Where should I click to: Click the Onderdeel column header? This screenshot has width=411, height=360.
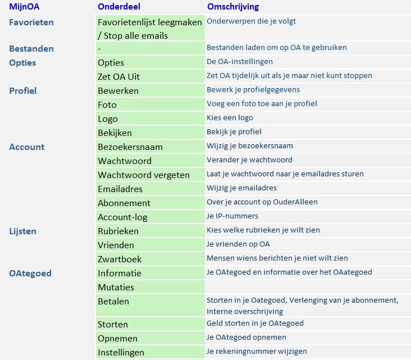(118, 7)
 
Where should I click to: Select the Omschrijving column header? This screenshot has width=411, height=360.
(233, 7)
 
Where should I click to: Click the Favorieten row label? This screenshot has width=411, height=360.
(31, 22)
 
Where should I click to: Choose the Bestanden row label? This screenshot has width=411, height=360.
(31, 48)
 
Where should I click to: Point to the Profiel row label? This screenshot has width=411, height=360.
(23, 90)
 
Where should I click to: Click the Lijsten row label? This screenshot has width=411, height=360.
(23, 231)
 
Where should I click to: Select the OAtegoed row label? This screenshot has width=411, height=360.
(30, 274)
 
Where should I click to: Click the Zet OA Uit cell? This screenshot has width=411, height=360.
(118, 76)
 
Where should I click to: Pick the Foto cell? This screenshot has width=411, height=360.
(107, 104)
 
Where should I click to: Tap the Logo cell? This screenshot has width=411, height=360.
(108, 119)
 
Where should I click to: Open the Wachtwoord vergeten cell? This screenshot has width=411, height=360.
(144, 175)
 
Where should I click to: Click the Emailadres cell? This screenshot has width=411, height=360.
(120, 189)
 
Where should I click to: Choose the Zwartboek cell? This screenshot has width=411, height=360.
(120, 259)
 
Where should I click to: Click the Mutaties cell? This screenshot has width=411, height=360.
(116, 288)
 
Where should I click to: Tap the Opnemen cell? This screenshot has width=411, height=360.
(117, 339)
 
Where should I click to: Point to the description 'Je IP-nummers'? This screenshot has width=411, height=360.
(232, 216)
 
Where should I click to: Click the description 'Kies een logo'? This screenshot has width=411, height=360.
(230, 118)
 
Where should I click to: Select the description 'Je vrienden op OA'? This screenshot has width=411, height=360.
(238, 244)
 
